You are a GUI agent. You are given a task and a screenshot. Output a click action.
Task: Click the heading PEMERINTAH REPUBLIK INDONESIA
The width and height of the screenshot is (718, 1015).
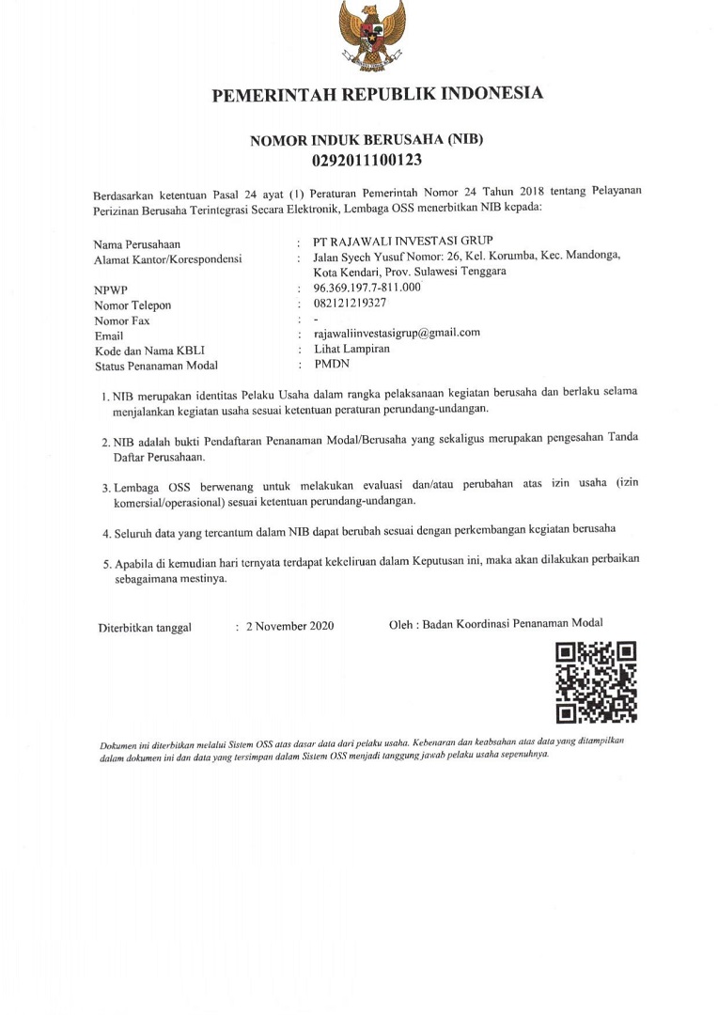(377, 95)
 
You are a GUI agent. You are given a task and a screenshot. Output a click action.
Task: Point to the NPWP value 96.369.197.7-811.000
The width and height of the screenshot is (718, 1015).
(367, 287)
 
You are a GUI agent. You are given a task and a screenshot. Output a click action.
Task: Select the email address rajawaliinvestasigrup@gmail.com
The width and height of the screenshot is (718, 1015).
(397, 333)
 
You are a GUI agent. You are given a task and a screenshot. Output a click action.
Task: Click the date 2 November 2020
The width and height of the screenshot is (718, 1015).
(289, 627)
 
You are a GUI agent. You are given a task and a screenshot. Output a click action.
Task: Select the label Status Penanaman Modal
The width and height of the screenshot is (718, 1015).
(156, 366)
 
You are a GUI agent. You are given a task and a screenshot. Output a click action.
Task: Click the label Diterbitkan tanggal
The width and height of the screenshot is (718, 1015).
(146, 628)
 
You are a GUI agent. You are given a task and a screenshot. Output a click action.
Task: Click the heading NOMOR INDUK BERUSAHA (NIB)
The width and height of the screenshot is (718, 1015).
(367, 140)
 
